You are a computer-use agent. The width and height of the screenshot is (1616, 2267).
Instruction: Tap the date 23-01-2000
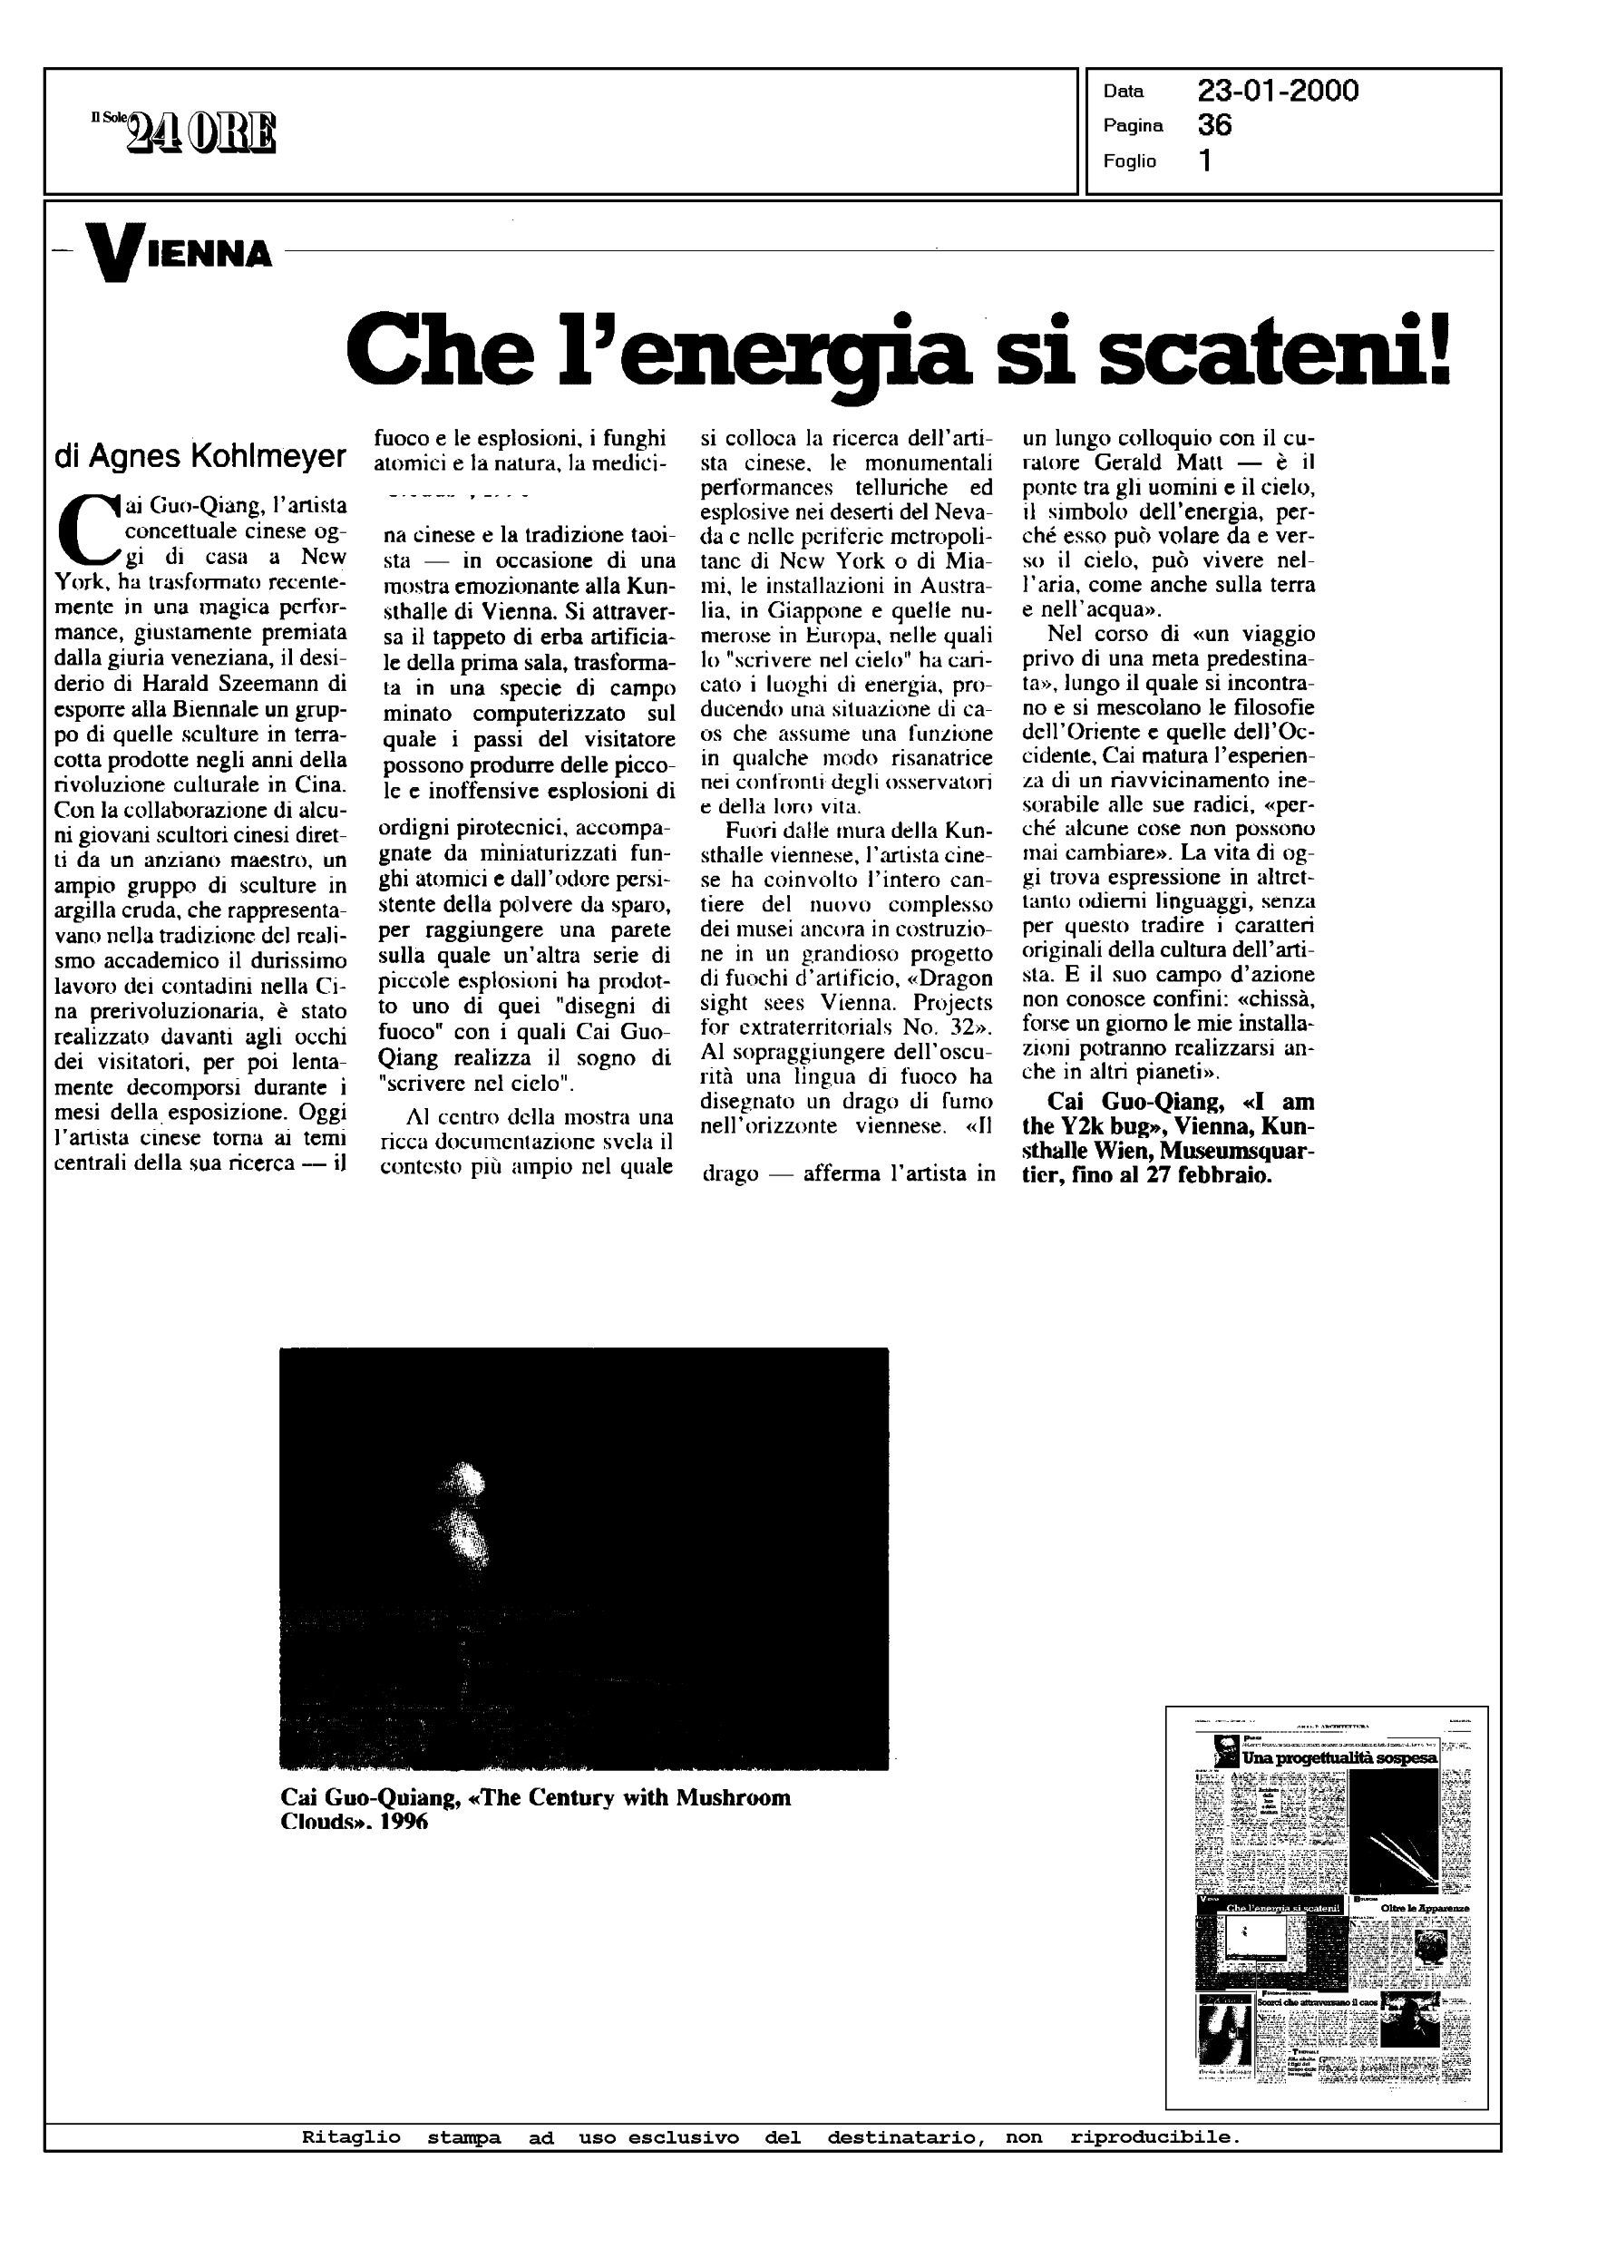click(1278, 92)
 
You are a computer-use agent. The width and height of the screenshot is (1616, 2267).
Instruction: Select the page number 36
click(1215, 125)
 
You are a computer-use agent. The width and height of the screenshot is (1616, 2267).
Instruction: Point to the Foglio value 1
click(1205, 161)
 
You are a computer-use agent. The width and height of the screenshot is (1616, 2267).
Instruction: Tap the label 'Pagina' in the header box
click(1133, 125)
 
